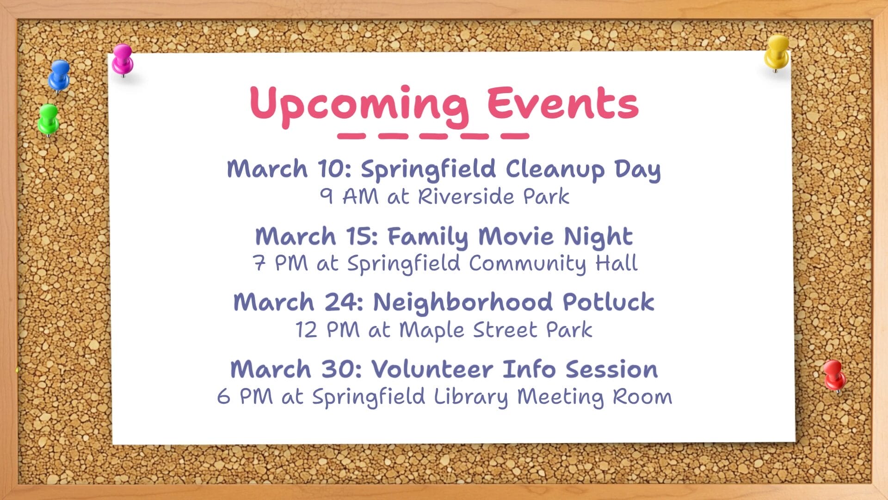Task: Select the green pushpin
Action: pos(48,119)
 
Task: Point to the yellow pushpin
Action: pos(777,53)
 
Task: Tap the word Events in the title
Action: pos(563,102)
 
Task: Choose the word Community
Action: pos(528,264)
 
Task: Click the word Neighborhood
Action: pos(463,302)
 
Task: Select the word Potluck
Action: pos(608,302)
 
